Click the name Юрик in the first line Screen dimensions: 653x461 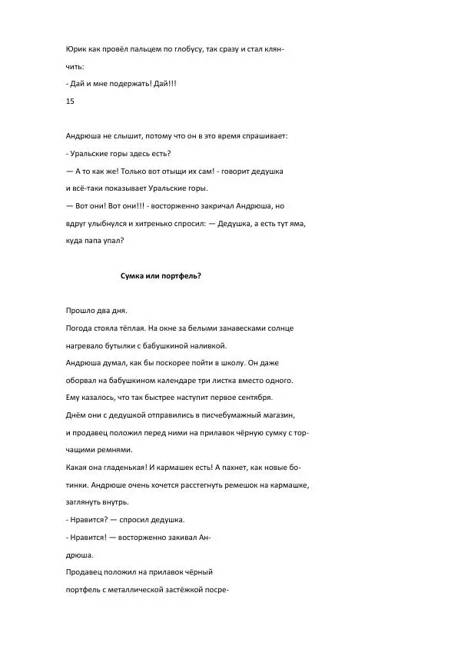click(x=77, y=49)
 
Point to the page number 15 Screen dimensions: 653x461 click(x=71, y=101)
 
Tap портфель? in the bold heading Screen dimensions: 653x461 click(x=181, y=275)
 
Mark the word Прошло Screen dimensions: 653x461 click(x=82, y=311)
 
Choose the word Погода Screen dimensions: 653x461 click(x=83, y=328)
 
